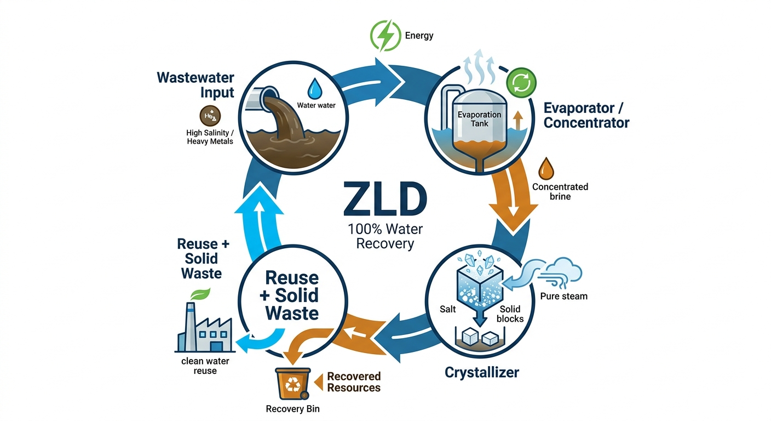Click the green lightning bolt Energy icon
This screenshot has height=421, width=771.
[x=386, y=36]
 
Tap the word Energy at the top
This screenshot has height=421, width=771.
[x=419, y=36]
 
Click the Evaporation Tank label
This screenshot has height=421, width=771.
[x=480, y=119]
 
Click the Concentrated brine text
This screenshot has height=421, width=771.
[x=560, y=191]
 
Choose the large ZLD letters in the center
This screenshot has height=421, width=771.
[x=385, y=200]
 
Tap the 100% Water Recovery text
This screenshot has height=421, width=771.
[x=385, y=236]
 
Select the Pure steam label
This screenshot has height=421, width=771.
[x=563, y=297]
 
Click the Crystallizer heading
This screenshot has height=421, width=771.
[x=481, y=373]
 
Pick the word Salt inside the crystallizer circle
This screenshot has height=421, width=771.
[x=448, y=310]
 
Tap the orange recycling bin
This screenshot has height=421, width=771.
[x=292, y=384]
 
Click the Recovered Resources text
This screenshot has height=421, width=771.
[x=353, y=382]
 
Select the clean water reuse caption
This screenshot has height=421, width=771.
[x=205, y=366]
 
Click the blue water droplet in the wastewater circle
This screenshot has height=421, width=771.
[x=315, y=88]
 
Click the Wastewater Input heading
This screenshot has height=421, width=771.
[x=195, y=84]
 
